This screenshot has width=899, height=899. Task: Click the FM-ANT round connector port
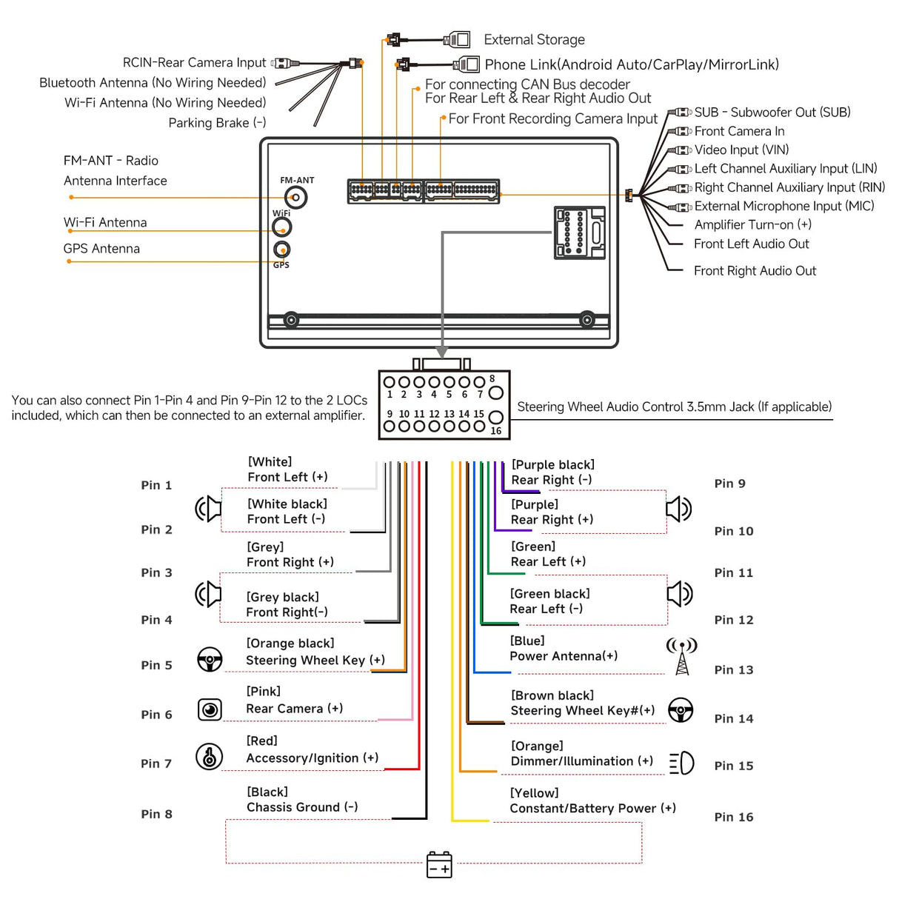click(295, 197)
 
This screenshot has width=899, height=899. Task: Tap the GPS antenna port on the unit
click(281, 250)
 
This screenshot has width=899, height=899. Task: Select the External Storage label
click(534, 40)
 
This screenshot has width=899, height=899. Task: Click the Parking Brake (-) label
click(217, 123)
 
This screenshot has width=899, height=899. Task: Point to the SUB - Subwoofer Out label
click(772, 113)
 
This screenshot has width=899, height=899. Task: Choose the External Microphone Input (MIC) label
click(783, 207)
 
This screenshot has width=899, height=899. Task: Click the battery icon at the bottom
click(439, 864)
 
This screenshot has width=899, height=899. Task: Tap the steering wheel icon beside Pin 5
click(210, 659)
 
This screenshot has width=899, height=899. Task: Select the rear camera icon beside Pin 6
click(210, 709)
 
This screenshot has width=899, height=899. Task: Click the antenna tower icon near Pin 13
click(682, 656)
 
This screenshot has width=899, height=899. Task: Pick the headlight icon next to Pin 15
click(682, 763)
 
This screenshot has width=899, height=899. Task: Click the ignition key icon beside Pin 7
click(210, 757)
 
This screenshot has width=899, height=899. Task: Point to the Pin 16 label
click(733, 818)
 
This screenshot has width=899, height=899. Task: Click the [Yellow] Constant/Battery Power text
click(592, 801)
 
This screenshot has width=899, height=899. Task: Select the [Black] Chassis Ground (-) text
click(302, 800)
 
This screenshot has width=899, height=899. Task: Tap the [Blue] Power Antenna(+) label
click(563, 649)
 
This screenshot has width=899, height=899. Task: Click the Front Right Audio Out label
click(755, 271)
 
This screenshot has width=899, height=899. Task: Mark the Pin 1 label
click(156, 485)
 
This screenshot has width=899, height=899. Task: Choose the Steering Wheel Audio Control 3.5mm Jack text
click(674, 407)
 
